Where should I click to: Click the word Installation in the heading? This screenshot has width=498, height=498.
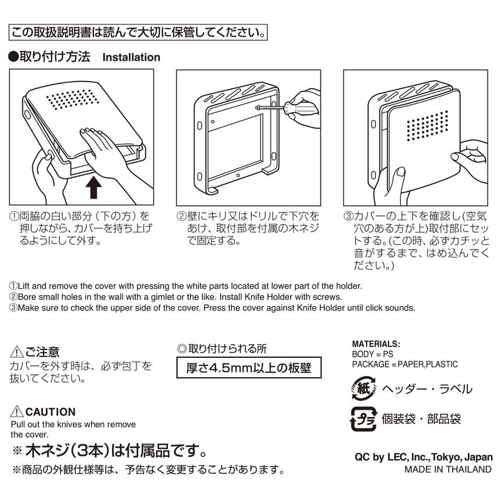(131, 57)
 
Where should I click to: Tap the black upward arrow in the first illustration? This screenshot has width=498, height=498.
(94, 187)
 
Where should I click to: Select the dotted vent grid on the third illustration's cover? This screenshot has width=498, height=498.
(428, 126)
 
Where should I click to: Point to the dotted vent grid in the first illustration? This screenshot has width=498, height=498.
(73, 99)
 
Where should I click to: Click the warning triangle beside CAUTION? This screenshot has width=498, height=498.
(17, 411)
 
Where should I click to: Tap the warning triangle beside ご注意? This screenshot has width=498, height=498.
(17, 352)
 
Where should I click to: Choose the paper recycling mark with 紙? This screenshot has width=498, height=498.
(364, 388)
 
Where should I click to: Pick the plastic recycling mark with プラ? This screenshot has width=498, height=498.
(364, 418)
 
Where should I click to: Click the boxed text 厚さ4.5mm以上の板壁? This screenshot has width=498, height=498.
(248, 368)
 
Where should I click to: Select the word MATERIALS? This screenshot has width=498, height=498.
(376, 344)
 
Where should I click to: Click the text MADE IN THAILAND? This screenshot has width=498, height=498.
(448, 469)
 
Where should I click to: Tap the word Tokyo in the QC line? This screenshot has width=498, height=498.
(446, 458)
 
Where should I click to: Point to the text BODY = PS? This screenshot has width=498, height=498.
(372, 354)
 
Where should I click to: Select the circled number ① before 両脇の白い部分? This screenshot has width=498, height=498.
(14, 216)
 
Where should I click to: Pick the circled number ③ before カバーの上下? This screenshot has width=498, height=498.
(349, 216)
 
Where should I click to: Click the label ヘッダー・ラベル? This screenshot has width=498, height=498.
(427, 388)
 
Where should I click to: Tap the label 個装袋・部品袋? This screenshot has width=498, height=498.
(421, 419)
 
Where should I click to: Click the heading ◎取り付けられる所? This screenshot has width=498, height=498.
(222, 349)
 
